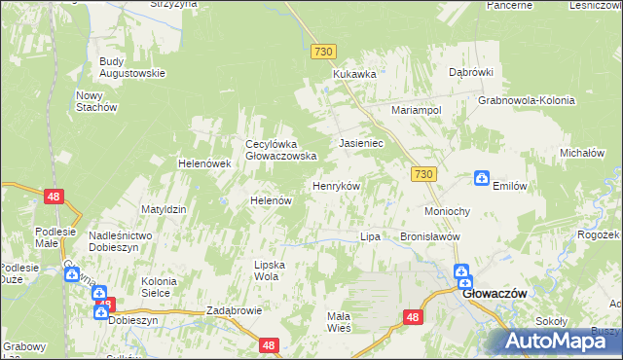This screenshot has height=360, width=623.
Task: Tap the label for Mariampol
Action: pyautogui.click(x=417, y=111)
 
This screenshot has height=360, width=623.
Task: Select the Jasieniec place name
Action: pyautogui.click(x=361, y=143)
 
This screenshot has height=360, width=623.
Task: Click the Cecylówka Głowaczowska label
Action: pyautogui.click(x=281, y=149)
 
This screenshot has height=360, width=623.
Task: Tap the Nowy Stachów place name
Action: pyautogui.click(x=96, y=101)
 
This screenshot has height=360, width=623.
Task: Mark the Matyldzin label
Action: pyautogui.click(x=164, y=209)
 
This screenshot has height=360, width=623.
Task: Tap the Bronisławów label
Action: pyautogui.click(x=429, y=236)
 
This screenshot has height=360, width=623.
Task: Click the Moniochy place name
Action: pyautogui.click(x=448, y=211)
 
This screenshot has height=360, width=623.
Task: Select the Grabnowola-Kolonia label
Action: pyautogui.click(x=527, y=100)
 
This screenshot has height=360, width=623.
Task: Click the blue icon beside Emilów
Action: pyautogui.click(x=481, y=178)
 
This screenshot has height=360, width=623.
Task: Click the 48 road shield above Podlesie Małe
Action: pyautogui.click(x=55, y=197)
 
